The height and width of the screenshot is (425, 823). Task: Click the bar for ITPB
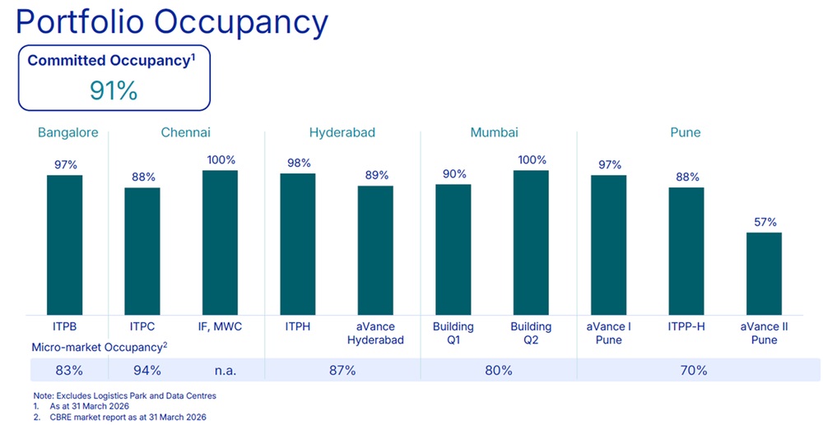pos(64,244)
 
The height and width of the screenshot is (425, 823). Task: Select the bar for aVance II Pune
pos(764,273)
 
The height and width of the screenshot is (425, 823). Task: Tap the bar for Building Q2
pos(531,242)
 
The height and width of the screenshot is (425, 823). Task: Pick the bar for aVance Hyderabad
pos(375,249)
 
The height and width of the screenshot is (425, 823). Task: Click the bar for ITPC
pos(142,250)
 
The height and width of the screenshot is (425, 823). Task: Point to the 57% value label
pos(765,222)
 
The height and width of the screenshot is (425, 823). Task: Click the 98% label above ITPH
pos(297,163)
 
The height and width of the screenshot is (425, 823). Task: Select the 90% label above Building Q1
pos(453,173)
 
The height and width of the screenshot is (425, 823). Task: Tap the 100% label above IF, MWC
pos(221,159)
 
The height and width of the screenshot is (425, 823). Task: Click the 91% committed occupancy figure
pos(114,90)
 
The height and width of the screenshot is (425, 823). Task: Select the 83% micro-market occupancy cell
pos(64,371)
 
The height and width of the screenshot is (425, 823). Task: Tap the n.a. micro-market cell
pos(220,371)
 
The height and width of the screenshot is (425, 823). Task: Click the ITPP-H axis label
pos(686,326)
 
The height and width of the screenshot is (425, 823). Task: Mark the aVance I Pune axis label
pos(608,333)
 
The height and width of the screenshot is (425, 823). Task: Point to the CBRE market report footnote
pos(123,418)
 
